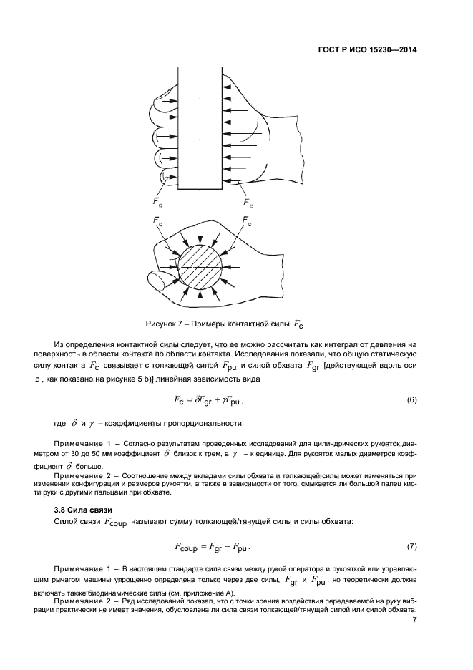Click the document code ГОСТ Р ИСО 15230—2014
coord(367,50)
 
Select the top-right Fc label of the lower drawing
coord(247,220)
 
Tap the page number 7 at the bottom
coord(414,621)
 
